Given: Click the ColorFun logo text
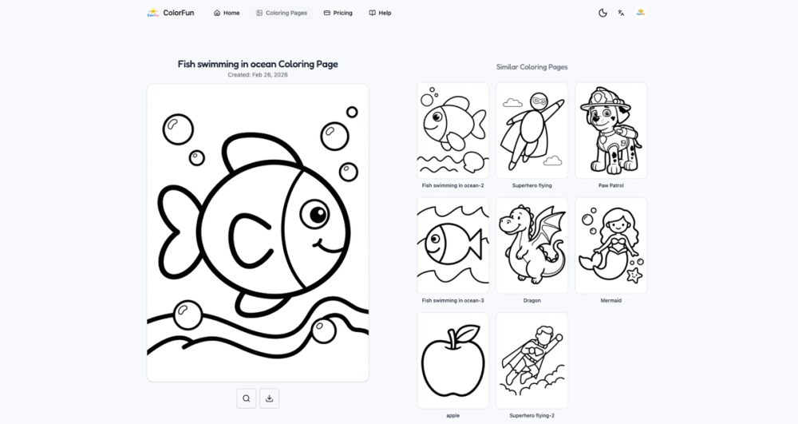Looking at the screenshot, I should click(x=178, y=13).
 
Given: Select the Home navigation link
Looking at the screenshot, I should click(x=227, y=13).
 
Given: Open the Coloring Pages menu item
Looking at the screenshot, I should click(x=282, y=13).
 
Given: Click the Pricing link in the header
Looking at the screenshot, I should click(x=338, y=13).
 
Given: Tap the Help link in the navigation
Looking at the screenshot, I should click(x=380, y=13).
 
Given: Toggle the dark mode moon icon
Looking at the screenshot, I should click(x=602, y=13).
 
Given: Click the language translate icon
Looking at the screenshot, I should click(x=621, y=13).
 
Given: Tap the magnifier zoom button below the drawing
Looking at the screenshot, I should click(x=247, y=398).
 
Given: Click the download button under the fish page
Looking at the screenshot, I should click(x=270, y=398).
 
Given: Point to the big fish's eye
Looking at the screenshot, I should click(x=318, y=214).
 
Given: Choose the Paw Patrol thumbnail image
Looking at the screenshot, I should click(x=610, y=131).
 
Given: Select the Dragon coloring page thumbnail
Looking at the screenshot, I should click(x=532, y=245).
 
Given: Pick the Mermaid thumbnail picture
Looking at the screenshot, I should click(x=610, y=245).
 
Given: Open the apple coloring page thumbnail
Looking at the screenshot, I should click(x=453, y=360).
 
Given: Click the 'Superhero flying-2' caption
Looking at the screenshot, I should click(x=532, y=415).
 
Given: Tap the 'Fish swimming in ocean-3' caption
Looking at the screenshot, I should click(x=453, y=300).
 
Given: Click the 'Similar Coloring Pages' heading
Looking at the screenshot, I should click(x=532, y=67).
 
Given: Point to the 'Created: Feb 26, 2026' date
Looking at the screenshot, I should click(x=258, y=75).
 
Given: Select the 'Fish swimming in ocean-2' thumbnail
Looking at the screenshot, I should click(x=453, y=131).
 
